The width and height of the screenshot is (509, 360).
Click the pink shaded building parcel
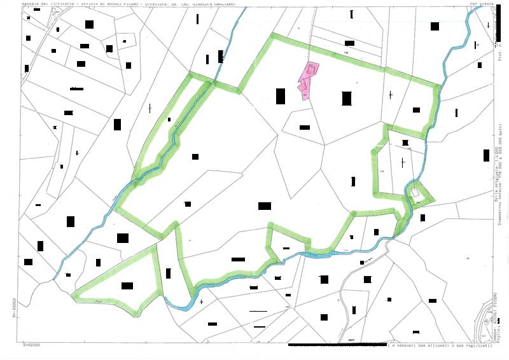(308, 81)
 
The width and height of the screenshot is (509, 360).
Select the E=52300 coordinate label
(32, 345)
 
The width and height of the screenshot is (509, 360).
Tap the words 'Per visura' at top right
(482, 4)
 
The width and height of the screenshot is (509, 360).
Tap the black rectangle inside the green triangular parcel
(127, 286)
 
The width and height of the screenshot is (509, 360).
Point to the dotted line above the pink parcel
(311, 38)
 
